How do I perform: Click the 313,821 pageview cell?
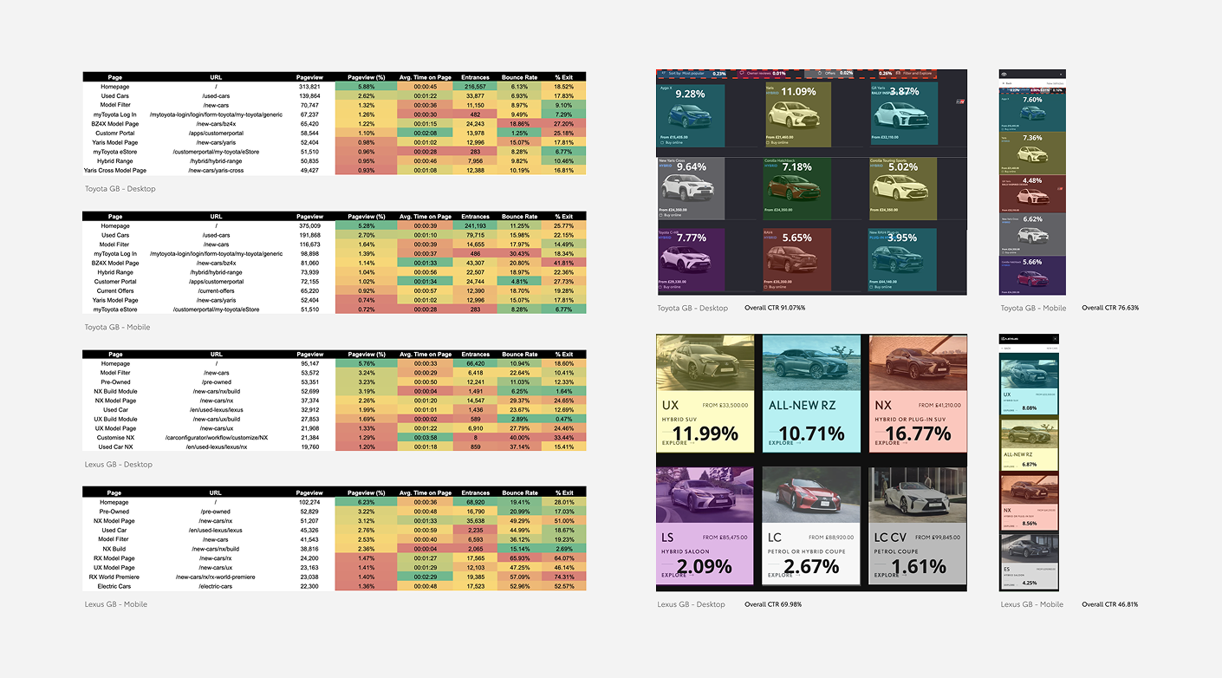click(x=309, y=87)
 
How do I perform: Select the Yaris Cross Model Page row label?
click(x=115, y=171)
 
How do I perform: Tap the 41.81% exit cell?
click(x=563, y=263)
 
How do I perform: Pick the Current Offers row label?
click(x=115, y=290)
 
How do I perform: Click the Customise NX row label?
click(x=115, y=438)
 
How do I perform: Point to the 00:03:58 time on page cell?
click(x=425, y=438)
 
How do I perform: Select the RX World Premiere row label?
click(x=114, y=577)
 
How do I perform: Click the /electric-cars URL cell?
click(x=216, y=586)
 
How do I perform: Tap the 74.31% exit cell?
click(x=563, y=577)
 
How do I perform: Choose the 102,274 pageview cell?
click(x=309, y=502)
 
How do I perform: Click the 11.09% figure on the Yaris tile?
click(x=798, y=92)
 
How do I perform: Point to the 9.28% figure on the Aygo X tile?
click(x=691, y=94)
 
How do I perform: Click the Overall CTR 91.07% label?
click(x=775, y=308)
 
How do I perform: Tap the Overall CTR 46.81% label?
click(x=1109, y=604)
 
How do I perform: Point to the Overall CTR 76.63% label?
click(x=1110, y=308)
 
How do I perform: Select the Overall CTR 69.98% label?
click(x=774, y=604)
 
